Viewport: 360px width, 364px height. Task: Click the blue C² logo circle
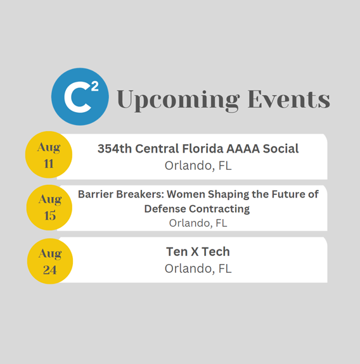(x=80, y=97)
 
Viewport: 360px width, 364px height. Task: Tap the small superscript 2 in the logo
(x=95, y=87)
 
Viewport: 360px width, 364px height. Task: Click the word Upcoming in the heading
(x=178, y=100)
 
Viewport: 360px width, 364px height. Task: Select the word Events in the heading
(x=289, y=99)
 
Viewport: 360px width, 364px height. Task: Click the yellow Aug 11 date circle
(x=49, y=154)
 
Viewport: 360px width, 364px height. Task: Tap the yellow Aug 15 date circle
(x=49, y=208)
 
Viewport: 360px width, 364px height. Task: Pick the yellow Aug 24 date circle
(x=50, y=261)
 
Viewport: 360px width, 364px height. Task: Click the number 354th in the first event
(x=115, y=149)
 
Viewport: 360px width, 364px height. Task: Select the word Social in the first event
(x=281, y=149)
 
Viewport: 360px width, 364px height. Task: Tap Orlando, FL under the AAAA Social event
(x=198, y=166)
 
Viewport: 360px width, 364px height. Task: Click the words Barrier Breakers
(x=121, y=194)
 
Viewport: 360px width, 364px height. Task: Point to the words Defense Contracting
(x=197, y=209)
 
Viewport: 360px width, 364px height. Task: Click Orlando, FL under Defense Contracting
(x=198, y=223)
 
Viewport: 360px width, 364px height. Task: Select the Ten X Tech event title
(x=198, y=252)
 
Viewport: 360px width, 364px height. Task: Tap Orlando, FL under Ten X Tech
(x=198, y=269)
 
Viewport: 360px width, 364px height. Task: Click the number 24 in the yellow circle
(x=49, y=270)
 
